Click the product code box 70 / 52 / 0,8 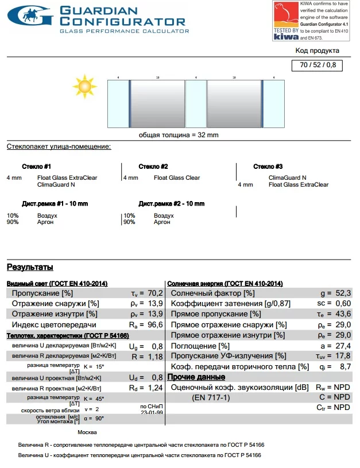click(x=318, y=65)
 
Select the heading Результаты click(x=30, y=267)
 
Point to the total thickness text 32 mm click(x=179, y=135)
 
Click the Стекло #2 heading click(x=153, y=167)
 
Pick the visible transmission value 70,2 click(x=154, y=293)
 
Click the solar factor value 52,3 click(x=343, y=293)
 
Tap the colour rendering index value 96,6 click(x=154, y=324)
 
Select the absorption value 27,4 click(x=343, y=346)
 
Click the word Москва click(x=87, y=432)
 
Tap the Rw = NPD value click(x=334, y=388)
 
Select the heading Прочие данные click(x=196, y=377)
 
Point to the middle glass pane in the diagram click(x=196, y=104)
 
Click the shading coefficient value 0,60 click(x=343, y=303)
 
